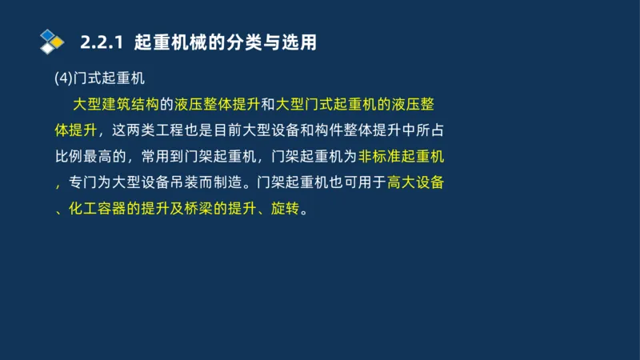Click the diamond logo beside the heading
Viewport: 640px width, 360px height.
(52, 42)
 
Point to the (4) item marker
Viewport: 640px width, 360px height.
(63, 78)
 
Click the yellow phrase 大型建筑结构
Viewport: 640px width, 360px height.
(116, 105)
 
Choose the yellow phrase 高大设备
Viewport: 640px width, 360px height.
(415, 182)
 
